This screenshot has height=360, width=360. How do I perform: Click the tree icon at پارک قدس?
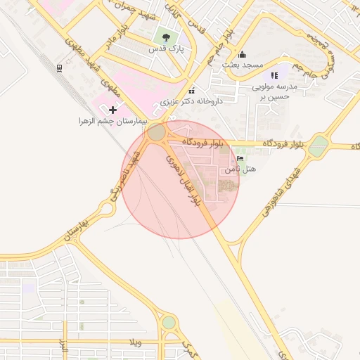pos(166,37)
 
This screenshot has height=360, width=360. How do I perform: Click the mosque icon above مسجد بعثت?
pos(243,54)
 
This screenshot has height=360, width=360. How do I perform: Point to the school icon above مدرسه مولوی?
pos(274,75)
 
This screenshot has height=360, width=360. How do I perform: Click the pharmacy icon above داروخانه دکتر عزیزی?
pos(192,90)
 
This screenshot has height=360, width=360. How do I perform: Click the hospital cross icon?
pos(112,110)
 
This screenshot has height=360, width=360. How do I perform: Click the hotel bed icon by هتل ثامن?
pos(240,159)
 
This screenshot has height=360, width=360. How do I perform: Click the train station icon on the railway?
pos(58,68)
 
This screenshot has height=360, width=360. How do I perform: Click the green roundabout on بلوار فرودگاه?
pos(319,146)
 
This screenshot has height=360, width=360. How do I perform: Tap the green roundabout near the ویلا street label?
pos(169,322)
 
